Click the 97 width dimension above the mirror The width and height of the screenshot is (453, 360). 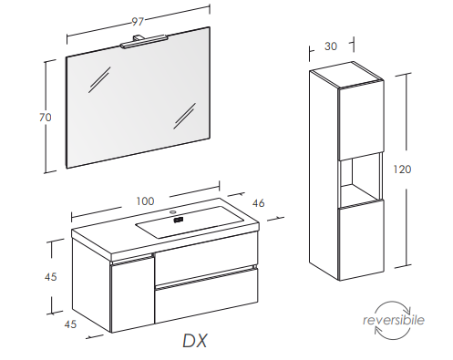pos(138,22)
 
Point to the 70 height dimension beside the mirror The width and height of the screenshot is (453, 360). pos(46,118)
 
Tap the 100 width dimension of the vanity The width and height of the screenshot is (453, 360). pos(145,201)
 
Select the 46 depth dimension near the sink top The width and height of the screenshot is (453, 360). pos(258,203)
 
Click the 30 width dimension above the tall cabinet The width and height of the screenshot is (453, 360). pos(331,46)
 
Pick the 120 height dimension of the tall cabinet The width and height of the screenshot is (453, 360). pos(402,169)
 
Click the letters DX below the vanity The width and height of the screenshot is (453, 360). pos(195,341)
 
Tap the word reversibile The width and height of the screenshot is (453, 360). pos(394,320)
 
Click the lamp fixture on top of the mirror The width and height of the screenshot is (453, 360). pos(144,42)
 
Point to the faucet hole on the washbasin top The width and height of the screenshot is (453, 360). pos(173,211)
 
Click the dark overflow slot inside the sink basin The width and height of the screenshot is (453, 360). pos(179,220)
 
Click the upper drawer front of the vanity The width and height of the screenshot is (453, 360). pos(206,262)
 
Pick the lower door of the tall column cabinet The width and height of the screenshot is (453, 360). pos(361,240)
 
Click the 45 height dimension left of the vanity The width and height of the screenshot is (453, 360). pos(50,277)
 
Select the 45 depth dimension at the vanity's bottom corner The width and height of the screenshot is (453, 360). pos(70,324)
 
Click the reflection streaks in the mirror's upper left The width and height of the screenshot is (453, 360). pos(99,79)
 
